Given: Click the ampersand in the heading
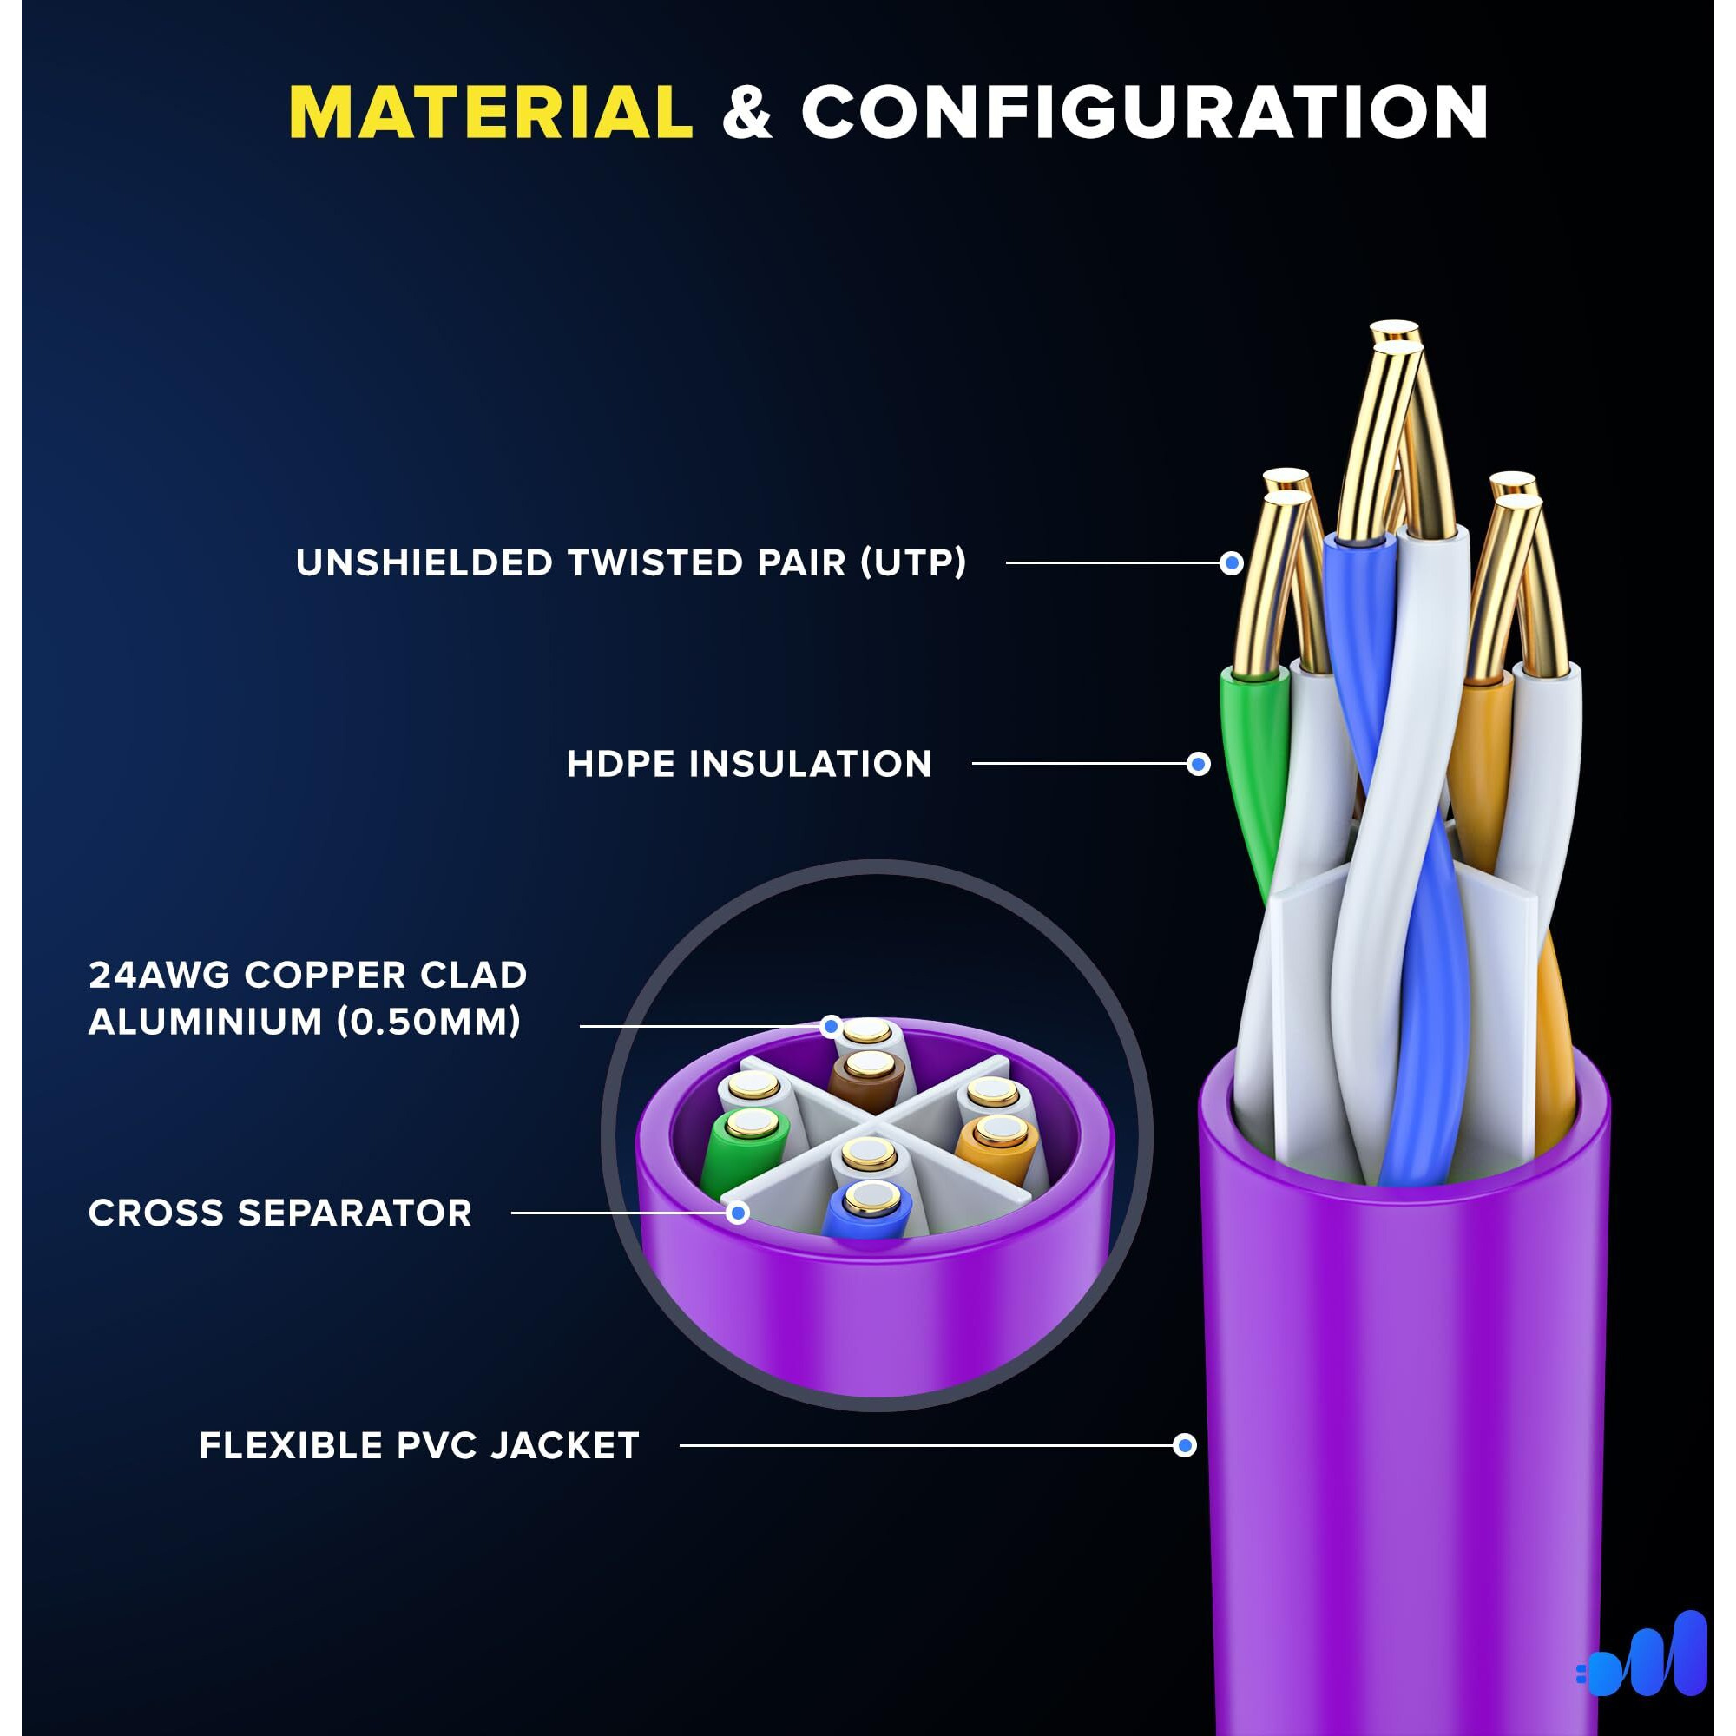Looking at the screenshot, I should (746, 113).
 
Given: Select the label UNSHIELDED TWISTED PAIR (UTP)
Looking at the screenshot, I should (631, 563).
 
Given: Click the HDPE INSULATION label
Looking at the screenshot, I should (749, 764).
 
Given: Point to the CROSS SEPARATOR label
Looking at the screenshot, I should (280, 1213).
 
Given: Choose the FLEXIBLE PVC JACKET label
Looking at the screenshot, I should (419, 1446).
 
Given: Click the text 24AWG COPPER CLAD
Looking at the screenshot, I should (308, 975).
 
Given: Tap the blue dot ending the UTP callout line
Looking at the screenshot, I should (1232, 563).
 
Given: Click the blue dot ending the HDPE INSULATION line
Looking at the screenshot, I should (1198, 764).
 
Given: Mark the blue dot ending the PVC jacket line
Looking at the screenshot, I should (1185, 1446).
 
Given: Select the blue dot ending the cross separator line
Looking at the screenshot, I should (738, 1213).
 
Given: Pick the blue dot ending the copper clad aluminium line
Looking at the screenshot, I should (832, 1025).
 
